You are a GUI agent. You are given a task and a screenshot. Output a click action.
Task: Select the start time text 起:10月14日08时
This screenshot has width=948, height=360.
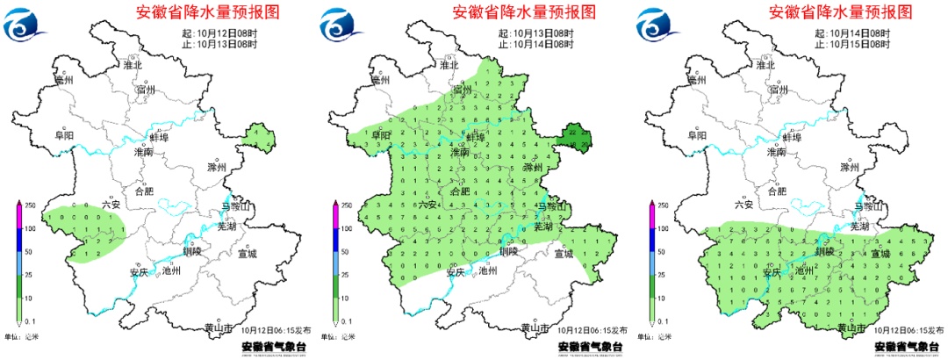pos(851,32)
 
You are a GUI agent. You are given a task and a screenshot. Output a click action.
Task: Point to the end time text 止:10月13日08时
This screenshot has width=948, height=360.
pos(218,44)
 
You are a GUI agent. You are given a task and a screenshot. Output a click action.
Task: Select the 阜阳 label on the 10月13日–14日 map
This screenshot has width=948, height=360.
pos(381,135)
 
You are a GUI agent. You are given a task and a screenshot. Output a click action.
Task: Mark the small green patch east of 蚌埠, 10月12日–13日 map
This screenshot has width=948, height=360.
pos(256,138)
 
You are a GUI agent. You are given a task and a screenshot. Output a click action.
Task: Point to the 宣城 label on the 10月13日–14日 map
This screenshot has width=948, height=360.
pos(564,254)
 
